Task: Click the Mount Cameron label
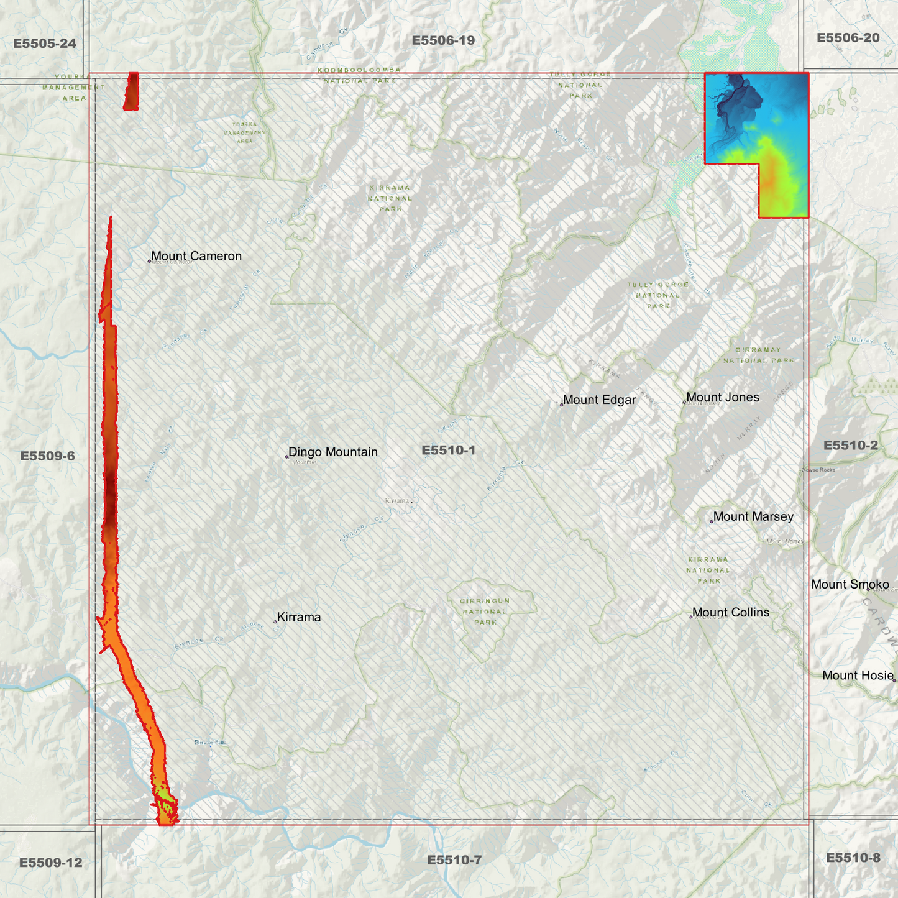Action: pyautogui.click(x=196, y=256)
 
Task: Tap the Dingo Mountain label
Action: pyautogui.click(x=332, y=452)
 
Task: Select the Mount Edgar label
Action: pyautogui.click(x=599, y=400)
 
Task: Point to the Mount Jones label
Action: pyautogui.click(x=722, y=397)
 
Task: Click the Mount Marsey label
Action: pyautogui.click(x=753, y=516)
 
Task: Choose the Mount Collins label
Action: pyautogui.click(x=730, y=612)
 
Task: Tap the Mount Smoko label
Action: pyautogui.click(x=850, y=584)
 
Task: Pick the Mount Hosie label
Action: pyautogui.click(x=858, y=676)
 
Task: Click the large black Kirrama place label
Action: pyautogui.click(x=299, y=617)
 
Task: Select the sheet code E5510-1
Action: pyautogui.click(x=448, y=450)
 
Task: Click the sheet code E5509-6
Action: pyautogui.click(x=48, y=456)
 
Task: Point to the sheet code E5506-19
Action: pyautogui.click(x=443, y=40)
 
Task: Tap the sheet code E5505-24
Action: pyautogui.click(x=45, y=44)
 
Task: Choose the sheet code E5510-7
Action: pyautogui.click(x=454, y=860)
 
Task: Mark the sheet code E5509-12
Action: pyautogui.click(x=50, y=863)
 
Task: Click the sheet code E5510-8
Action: pyautogui.click(x=853, y=858)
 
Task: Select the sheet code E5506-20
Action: pyautogui.click(x=848, y=38)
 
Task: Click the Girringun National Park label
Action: pyautogui.click(x=485, y=612)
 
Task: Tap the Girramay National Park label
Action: pyautogui.click(x=758, y=355)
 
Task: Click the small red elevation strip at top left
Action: pyautogui.click(x=131, y=91)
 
